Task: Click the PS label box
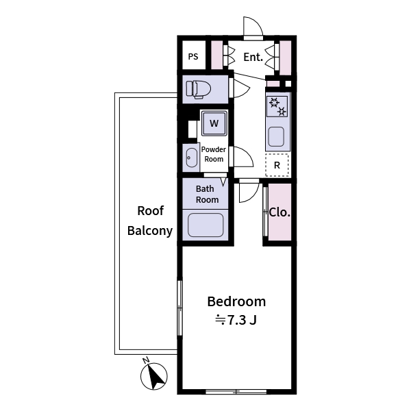point(193,57)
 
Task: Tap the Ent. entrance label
point(253,58)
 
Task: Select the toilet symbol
point(201,89)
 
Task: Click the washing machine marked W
point(214,124)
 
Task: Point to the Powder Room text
point(214,154)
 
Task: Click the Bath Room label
point(207,195)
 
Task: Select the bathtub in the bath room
point(206,225)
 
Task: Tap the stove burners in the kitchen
point(277,107)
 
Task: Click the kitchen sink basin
point(276,136)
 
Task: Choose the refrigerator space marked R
point(277,165)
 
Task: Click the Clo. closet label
point(279,212)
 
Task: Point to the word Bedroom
point(236,301)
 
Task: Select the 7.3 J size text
point(236,319)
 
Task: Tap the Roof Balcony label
point(149,221)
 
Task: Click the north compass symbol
point(155,376)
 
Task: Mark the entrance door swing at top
point(253,27)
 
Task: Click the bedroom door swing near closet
point(249,192)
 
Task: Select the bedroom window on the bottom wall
point(236,392)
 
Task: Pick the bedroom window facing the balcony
point(180,308)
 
